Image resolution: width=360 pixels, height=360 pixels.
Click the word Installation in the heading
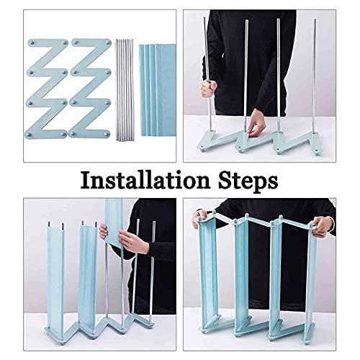click(145, 181)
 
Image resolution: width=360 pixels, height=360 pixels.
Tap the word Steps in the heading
click(248, 181)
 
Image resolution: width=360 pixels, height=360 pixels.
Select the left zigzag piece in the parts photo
click(48, 89)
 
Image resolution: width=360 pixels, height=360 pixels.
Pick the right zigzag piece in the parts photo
click(90, 89)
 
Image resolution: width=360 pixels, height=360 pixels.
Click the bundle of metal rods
click(125, 89)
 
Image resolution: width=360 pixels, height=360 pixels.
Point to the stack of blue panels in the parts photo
click(158, 90)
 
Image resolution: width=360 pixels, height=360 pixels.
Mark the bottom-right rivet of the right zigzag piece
click(106, 133)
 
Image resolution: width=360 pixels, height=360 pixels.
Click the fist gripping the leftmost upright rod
click(208, 89)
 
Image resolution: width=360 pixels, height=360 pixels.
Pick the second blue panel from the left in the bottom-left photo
click(88, 276)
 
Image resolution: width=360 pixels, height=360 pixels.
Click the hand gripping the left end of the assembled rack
click(199, 218)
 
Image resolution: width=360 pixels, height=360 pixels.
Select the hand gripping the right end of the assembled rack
click(323, 226)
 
